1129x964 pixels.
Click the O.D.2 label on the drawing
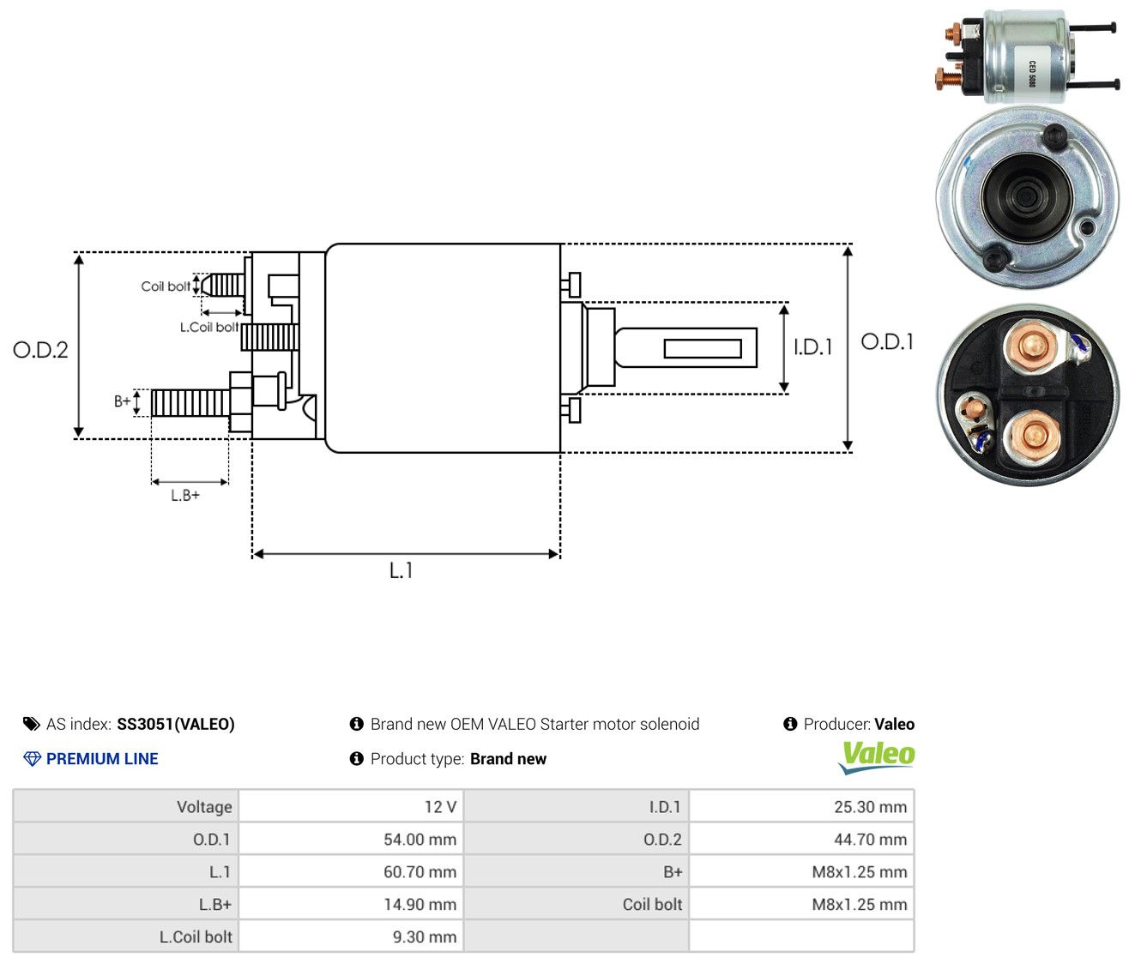click(x=40, y=350)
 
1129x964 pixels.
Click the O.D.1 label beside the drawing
click(x=886, y=342)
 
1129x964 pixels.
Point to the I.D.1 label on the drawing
click(x=812, y=346)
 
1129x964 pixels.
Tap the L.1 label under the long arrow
click(x=401, y=570)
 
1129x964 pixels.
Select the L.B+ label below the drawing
click(x=185, y=496)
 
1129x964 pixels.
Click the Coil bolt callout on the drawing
click(x=166, y=286)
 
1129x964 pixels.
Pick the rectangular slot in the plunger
click(x=702, y=348)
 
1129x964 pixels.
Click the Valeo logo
click(x=876, y=757)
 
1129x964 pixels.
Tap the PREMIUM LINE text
click(x=102, y=759)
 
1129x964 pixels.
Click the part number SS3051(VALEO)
click(x=175, y=724)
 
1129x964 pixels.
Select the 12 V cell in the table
click(x=351, y=806)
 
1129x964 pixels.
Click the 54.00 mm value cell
click(x=351, y=839)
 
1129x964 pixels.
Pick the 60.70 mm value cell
click(x=351, y=871)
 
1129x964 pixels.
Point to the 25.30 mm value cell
click(x=801, y=806)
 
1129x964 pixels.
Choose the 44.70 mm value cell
click(x=801, y=839)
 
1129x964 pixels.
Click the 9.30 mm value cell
click(x=351, y=937)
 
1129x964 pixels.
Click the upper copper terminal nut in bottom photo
click(x=1030, y=346)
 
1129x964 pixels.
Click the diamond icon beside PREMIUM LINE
click(x=33, y=759)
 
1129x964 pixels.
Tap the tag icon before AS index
click(x=32, y=724)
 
